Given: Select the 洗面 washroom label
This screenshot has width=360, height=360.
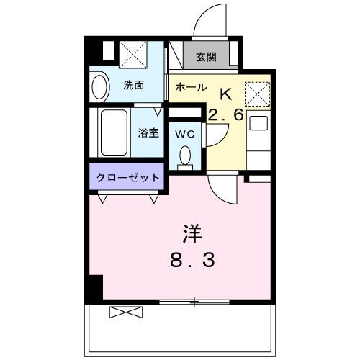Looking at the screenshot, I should [x=133, y=85].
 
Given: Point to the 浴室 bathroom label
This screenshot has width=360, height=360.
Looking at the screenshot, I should [x=149, y=132].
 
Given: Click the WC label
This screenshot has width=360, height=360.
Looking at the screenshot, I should [x=185, y=133].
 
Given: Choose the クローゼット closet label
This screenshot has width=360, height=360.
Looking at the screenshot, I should [x=129, y=177].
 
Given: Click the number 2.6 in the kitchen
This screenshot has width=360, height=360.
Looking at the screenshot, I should [x=227, y=114].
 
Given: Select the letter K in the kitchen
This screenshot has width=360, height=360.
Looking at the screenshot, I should [x=225, y=92].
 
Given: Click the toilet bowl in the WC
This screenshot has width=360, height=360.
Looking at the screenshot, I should [x=186, y=156].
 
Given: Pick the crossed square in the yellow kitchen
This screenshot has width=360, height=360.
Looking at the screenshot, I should [x=257, y=94].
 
